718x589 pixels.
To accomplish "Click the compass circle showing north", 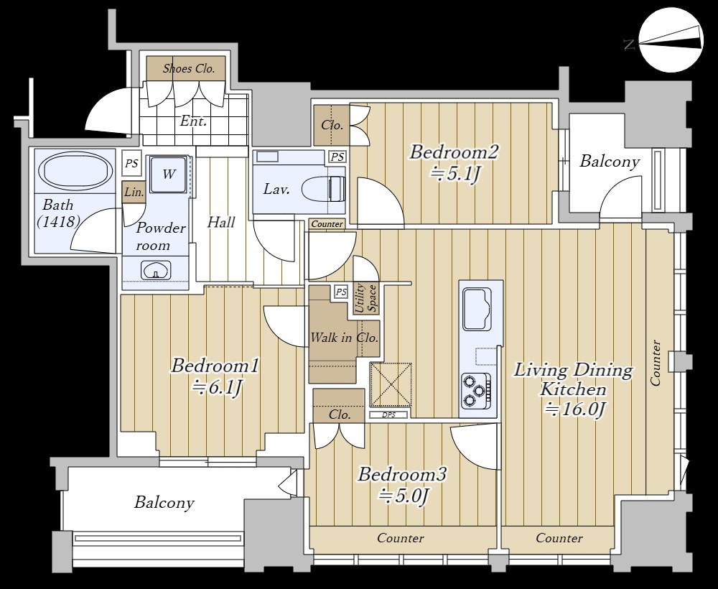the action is click(671, 40).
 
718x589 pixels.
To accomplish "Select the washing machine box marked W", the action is click(169, 175).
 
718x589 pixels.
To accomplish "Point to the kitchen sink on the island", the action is click(477, 309).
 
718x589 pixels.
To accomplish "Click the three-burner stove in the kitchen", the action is click(476, 390).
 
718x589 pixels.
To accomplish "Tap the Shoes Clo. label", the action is click(189, 69).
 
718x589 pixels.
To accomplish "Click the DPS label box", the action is click(388, 415).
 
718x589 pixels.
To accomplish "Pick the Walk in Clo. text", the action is click(345, 338).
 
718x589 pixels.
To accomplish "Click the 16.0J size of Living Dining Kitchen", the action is click(575, 409).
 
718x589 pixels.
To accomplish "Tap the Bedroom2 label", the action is click(453, 152).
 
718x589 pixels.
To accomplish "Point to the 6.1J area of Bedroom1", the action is click(216, 388).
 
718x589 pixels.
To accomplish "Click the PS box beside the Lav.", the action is click(337, 157).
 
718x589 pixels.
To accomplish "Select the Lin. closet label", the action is click(134, 193).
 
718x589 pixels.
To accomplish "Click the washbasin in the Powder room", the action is click(156, 270).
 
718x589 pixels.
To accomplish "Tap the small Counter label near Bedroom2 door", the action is click(327, 224).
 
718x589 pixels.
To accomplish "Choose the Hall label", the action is click(221, 223).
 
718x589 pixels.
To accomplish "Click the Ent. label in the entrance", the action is click(193, 121).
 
